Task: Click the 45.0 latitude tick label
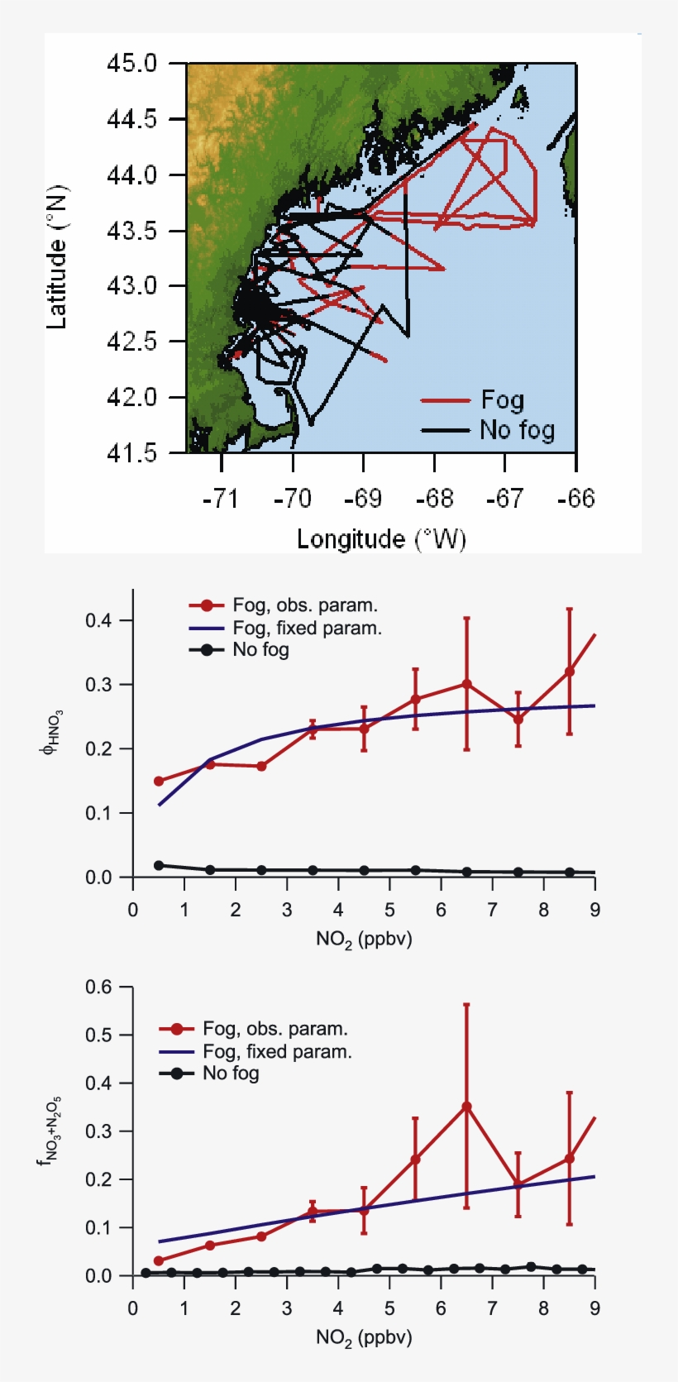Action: pyautogui.click(x=131, y=64)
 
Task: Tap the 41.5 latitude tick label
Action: pyautogui.click(x=131, y=452)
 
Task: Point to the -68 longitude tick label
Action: pyautogui.click(x=435, y=499)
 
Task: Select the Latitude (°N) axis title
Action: pyautogui.click(x=56, y=257)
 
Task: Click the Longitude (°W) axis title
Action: pyautogui.click(x=381, y=539)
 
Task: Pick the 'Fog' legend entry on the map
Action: pyautogui.click(x=502, y=400)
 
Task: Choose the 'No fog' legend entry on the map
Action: pyautogui.click(x=517, y=430)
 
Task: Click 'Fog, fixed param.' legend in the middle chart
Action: pyautogui.click(x=307, y=629)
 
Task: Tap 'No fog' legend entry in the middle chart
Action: pyautogui.click(x=260, y=650)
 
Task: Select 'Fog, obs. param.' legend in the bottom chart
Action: pyautogui.click(x=275, y=1029)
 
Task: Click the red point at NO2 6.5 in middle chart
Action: pyautogui.click(x=466, y=684)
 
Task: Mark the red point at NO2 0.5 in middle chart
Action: pyautogui.click(x=159, y=781)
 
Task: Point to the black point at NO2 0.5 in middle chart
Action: pyautogui.click(x=159, y=865)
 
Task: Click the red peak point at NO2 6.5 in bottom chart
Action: pyautogui.click(x=466, y=1107)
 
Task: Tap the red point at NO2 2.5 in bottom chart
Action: pyautogui.click(x=261, y=1236)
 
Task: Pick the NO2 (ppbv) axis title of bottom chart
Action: pyautogui.click(x=364, y=1337)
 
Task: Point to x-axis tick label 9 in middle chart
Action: pyautogui.click(x=594, y=911)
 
